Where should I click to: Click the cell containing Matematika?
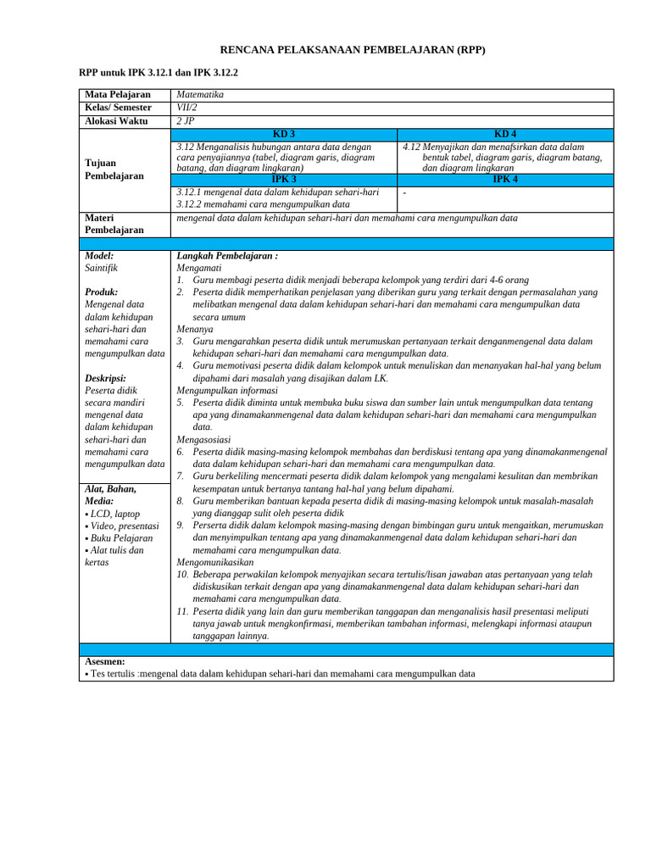pos(201,95)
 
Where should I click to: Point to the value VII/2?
pos(186,108)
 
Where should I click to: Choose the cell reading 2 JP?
pos(185,121)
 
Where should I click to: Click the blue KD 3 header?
pos(284,134)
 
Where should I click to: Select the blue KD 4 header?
pos(505,134)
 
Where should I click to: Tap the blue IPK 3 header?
pos(284,180)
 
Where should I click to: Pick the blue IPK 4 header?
pos(505,180)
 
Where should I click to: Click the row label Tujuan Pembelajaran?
pos(114,169)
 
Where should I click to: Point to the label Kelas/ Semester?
pos(119,108)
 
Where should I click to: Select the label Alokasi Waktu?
pos(116,121)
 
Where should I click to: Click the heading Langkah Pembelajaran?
pos(227,255)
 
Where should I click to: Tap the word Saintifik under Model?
pos(102,267)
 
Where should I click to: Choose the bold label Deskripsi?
pos(106,378)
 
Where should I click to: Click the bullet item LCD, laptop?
pos(114,514)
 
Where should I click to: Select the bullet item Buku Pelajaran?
pos(120,538)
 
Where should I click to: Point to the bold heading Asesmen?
pos(106,661)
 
